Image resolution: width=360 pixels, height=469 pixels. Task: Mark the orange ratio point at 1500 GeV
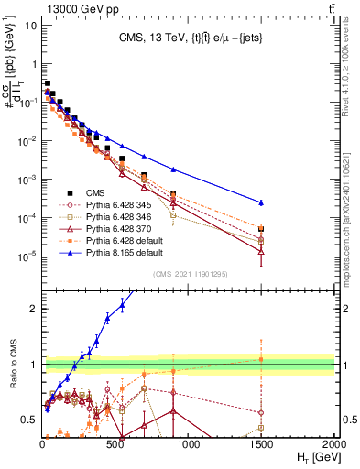coord(262,359)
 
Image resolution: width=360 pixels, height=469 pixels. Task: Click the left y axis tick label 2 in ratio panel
coord(34,309)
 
